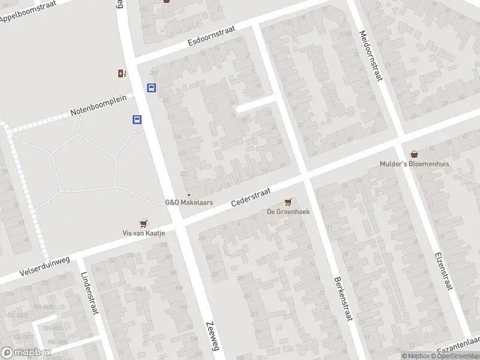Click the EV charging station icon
[x=122, y=74]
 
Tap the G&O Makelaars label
[x=189, y=203]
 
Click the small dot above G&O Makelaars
[x=189, y=194]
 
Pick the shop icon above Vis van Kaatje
[x=143, y=223]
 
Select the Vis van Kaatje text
[x=143, y=233]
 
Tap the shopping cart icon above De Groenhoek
[x=289, y=202]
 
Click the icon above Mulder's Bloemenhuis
[x=414, y=154]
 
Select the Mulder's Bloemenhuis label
[x=414, y=164]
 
